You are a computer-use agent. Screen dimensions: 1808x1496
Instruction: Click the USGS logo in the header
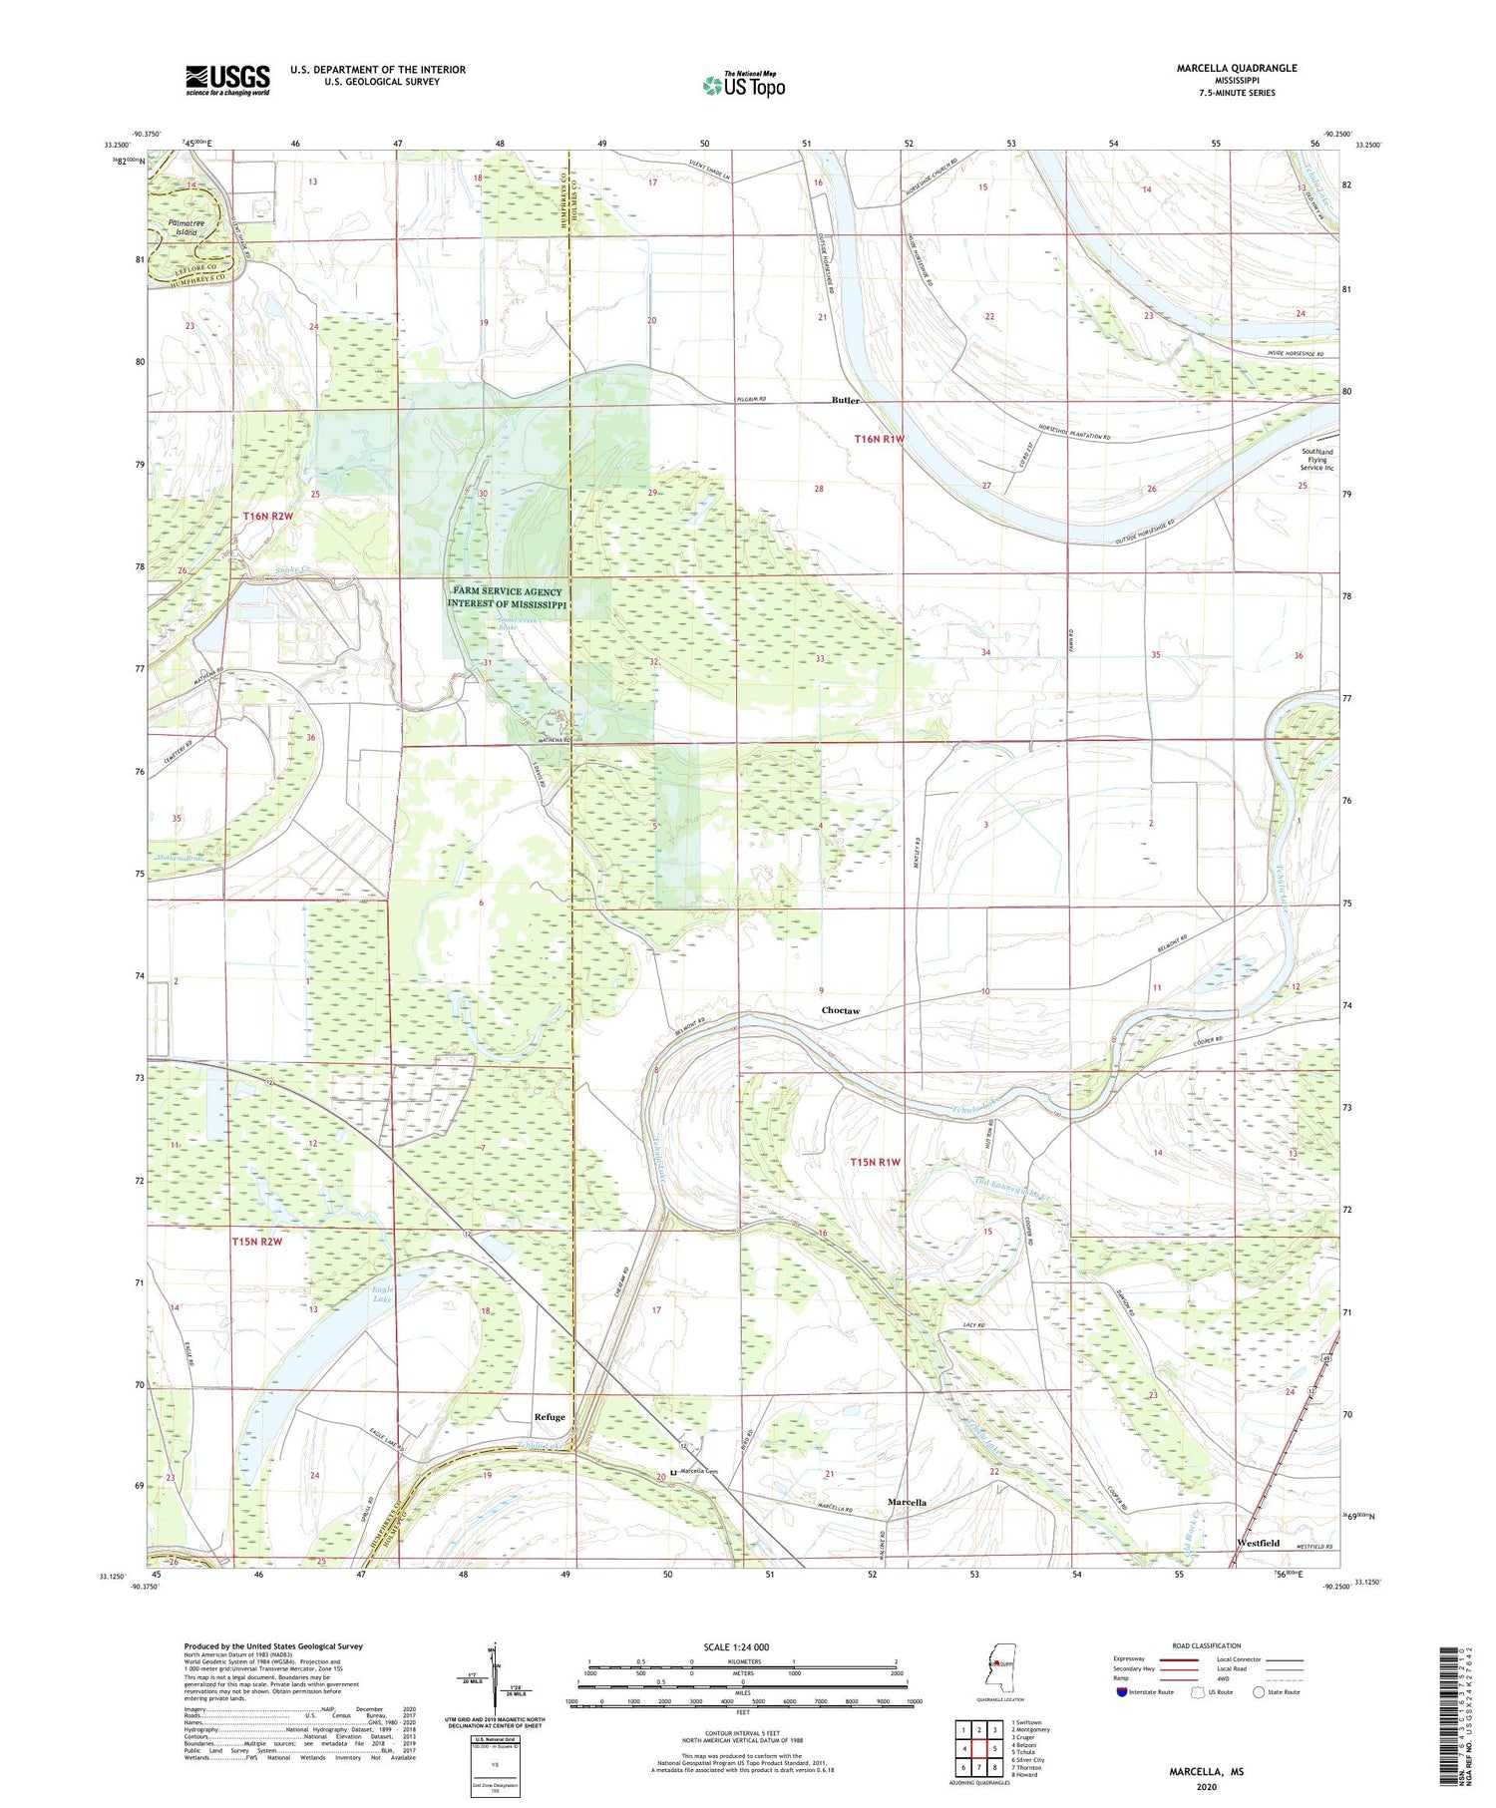click(x=227, y=80)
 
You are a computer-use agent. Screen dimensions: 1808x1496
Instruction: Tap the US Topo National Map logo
click(x=743, y=85)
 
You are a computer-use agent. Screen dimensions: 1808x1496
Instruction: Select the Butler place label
click(x=845, y=400)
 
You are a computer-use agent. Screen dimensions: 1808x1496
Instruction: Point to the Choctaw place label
click(x=840, y=1010)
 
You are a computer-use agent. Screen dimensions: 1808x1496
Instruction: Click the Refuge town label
click(x=549, y=1416)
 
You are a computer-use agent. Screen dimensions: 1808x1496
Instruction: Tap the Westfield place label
click(x=1258, y=1542)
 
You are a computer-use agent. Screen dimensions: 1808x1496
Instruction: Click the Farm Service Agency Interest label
click(x=507, y=598)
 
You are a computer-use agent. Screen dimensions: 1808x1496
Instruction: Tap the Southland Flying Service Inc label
click(x=1316, y=460)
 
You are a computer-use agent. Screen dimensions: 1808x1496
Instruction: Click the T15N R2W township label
click(x=257, y=1242)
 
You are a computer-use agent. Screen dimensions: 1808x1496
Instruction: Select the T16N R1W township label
click(x=879, y=439)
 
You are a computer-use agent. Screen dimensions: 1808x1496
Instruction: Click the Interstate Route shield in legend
click(x=1122, y=1691)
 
